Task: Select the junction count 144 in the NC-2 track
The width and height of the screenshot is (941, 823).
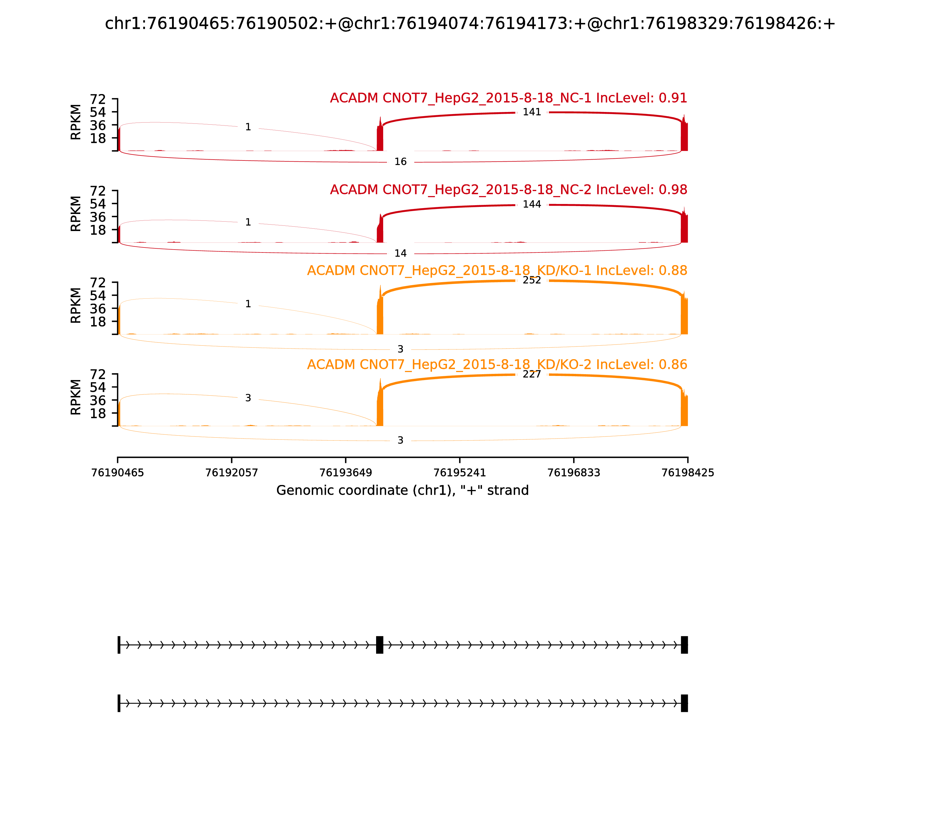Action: [532, 204]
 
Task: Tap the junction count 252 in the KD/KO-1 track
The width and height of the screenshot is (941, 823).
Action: [532, 280]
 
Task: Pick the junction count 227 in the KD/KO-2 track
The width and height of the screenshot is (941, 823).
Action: [532, 374]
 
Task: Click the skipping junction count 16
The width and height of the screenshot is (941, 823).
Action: [400, 162]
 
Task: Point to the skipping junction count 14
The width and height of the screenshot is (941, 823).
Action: [400, 253]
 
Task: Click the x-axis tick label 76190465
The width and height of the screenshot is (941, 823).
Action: [118, 473]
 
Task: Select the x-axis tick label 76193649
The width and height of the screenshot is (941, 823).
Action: [346, 473]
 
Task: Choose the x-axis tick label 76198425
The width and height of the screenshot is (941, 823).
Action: [688, 473]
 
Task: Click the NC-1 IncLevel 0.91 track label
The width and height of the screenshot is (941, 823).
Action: [508, 98]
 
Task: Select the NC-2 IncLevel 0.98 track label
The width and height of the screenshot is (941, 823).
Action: [508, 190]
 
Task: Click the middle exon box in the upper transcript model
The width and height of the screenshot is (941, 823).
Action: [380, 645]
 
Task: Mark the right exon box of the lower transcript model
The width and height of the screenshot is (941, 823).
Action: [684, 703]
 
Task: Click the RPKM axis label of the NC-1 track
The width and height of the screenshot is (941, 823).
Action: [76, 122]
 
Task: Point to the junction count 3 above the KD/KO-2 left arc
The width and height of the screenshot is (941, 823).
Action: [248, 398]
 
